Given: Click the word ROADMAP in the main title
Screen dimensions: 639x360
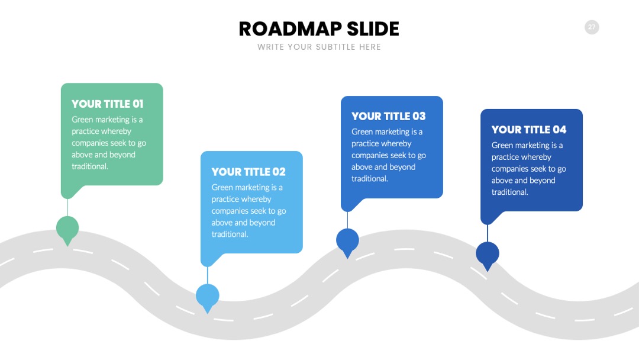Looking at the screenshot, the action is pos(290,29).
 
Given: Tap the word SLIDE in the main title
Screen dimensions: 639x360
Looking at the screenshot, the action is pos(373,29).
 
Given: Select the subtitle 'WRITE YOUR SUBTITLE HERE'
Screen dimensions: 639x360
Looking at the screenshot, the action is pos(319,47).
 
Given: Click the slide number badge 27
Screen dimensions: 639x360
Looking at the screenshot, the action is pos(592,27).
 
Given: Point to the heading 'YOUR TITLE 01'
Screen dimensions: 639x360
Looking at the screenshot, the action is pos(108,104).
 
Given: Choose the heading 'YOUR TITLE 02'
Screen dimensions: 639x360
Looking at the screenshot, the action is pos(248,172).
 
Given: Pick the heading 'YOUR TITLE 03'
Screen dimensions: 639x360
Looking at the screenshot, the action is pos(388,116).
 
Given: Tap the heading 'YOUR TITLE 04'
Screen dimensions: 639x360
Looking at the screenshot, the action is pos(529,130).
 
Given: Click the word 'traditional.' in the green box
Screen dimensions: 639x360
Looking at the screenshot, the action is pos(90,166).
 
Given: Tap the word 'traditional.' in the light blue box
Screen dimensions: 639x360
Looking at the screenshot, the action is pos(230,234).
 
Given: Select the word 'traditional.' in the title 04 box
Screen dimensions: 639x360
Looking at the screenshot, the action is pos(510,192).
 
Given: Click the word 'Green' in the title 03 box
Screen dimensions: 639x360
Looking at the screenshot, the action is pos(362,131).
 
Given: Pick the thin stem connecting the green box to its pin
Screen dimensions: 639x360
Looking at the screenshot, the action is pos(67,207).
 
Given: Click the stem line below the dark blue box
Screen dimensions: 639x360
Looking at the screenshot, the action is pos(488,233).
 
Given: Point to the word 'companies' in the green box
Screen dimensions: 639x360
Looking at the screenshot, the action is pos(90,143).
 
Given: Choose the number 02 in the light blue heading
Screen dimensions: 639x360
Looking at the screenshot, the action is pos(279,172).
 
